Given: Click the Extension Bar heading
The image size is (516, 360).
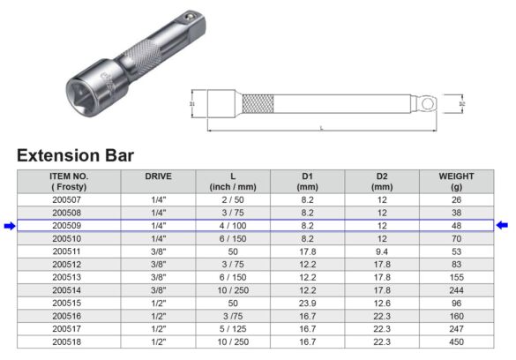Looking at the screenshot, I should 75,155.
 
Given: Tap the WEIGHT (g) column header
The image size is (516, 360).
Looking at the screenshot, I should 456,181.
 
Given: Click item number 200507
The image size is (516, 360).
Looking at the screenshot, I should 65,199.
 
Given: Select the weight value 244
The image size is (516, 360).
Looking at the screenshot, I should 456,289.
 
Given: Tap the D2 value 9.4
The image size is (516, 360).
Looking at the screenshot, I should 381,251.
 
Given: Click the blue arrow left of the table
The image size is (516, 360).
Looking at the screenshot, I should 9,226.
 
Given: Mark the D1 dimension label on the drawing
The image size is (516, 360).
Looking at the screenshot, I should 191,104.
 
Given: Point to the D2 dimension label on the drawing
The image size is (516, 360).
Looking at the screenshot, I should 462,104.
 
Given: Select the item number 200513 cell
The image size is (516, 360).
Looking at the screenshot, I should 65,276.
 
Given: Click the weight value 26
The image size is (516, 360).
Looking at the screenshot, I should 456,199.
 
